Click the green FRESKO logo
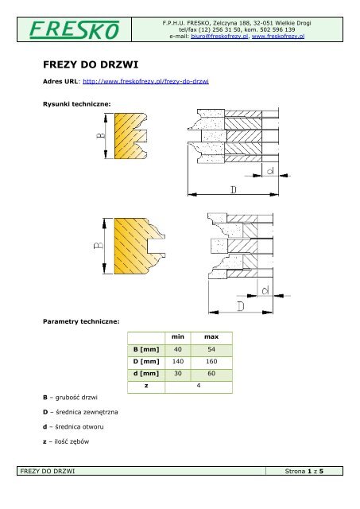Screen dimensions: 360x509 74,30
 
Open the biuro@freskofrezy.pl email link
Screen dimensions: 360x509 219,36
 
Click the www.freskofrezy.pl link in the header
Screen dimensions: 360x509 278,36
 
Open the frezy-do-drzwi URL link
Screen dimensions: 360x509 145,81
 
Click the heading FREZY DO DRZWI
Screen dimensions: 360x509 91,64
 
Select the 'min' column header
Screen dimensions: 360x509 178,336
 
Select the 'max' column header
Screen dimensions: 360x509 211,336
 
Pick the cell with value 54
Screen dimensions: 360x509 211,349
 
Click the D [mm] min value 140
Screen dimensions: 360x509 178,361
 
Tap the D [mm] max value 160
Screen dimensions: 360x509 211,361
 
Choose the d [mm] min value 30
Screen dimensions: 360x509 178,373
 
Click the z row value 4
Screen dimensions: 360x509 199,385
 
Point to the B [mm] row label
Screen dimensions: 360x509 146,349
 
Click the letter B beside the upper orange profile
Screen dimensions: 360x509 101,135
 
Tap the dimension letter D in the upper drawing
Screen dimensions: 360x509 234,189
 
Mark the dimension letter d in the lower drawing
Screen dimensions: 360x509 265,290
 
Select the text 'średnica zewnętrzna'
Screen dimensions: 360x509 87,412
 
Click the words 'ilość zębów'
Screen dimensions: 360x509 72,441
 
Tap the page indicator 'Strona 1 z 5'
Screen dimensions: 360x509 304,471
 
